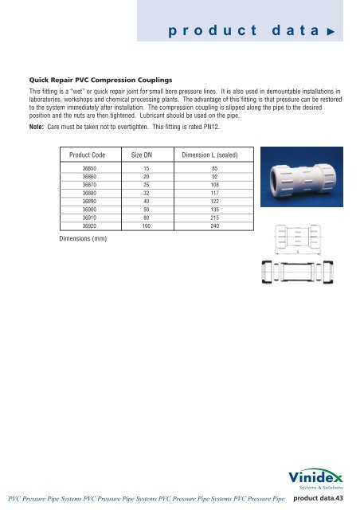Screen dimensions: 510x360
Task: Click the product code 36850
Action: tap(90, 169)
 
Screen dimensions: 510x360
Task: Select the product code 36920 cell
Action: tap(90, 226)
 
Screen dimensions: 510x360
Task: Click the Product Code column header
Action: tap(89, 153)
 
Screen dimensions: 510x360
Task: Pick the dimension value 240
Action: tap(214, 226)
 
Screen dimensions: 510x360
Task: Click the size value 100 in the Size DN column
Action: tap(147, 226)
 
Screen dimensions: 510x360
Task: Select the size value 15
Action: tap(147, 169)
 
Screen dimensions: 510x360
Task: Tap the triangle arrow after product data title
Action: tap(337, 31)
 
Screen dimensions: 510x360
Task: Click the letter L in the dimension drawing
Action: tap(297, 252)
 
